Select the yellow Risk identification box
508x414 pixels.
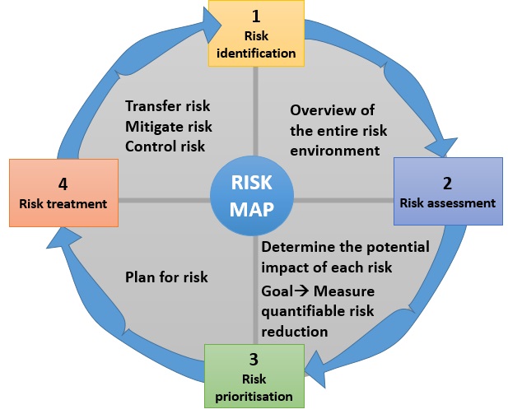[x=257, y=34]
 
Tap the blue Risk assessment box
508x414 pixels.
[x=447, y=192]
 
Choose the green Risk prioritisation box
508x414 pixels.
[x=254, y=374]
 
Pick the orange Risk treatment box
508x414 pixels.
[x=63, y=193]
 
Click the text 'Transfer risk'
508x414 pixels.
[x=168, y=106]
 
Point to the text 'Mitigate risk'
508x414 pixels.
[x=169, y=126]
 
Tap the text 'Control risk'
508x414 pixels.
[x=165, y=146]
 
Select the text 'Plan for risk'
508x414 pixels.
[x=166, y=277]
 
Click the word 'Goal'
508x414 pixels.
[x=277, y=291]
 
